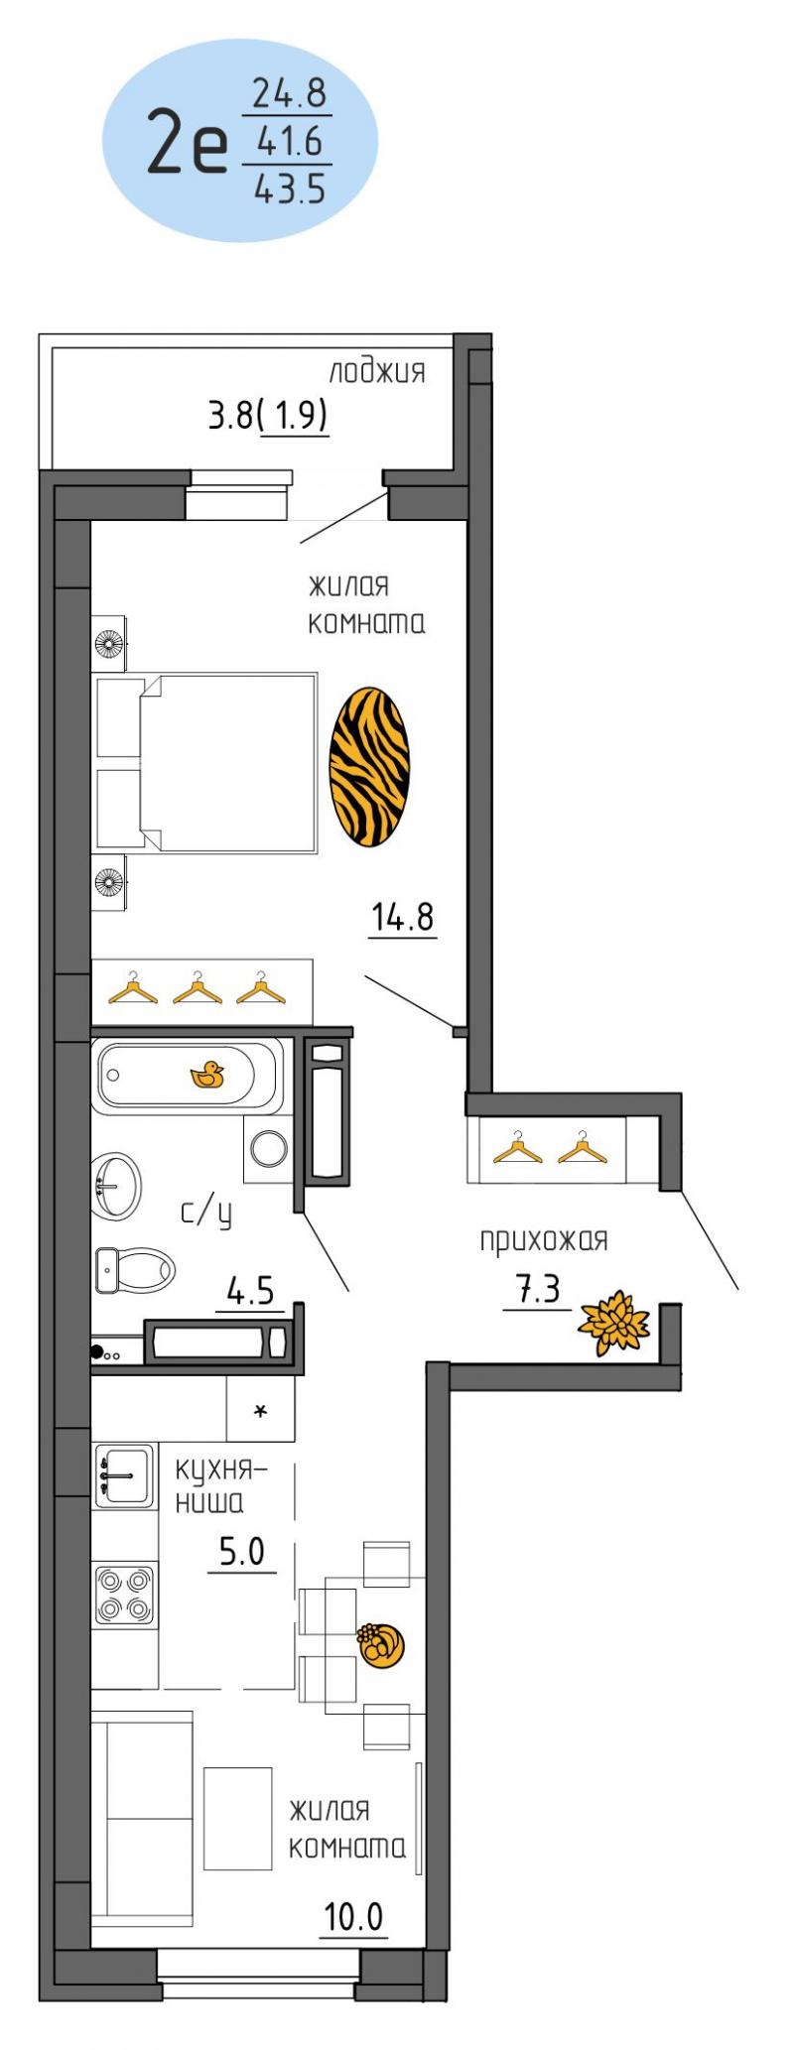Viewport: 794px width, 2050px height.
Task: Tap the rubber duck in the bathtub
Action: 207,1075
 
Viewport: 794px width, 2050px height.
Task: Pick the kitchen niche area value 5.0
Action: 242,1551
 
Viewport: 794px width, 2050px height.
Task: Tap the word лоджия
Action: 377,372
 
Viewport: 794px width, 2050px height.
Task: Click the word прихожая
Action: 543,1240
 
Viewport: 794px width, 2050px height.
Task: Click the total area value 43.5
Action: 290,187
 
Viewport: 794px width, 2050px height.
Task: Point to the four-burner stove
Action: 124,1595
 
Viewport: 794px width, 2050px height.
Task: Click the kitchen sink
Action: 124,1475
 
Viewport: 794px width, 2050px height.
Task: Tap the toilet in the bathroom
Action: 135,1268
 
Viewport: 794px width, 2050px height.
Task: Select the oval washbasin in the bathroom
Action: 115,1188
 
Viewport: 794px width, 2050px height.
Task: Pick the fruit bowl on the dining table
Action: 379,1645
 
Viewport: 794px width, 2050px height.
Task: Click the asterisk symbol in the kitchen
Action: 261,1411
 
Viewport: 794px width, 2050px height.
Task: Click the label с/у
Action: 205,1214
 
